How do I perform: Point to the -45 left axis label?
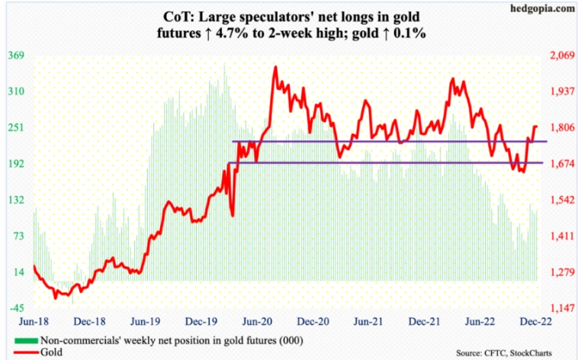point(17,308)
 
